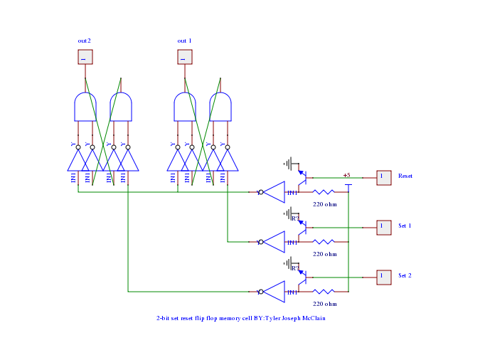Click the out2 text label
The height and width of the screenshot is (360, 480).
[84, 41]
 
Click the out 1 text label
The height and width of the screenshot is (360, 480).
[184, 41]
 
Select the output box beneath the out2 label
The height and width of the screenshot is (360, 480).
[85, 57]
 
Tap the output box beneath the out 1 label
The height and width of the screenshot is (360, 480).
[184, 57]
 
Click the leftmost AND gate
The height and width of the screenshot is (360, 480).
[85, 107]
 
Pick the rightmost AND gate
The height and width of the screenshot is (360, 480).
[220, 107]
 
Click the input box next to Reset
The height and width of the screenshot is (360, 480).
[383, 176]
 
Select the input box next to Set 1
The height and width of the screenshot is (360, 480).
[383, 226]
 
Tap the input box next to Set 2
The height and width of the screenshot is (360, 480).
[383, 276]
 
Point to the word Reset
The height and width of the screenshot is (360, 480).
[405, 176]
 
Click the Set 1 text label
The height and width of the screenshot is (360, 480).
[405, 226]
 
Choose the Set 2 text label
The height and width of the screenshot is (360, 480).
[405, 276]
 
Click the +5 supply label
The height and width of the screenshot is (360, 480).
[346, 175]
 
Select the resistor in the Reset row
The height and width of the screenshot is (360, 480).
[324, 192]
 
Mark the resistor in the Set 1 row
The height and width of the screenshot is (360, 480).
[324, 242]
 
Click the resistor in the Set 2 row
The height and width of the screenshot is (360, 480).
[324, 292]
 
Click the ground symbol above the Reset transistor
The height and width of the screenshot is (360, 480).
[289, 164]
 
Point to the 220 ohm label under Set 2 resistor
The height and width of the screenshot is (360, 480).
[325, 304]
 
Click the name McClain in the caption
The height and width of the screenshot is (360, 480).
[312, 319]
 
